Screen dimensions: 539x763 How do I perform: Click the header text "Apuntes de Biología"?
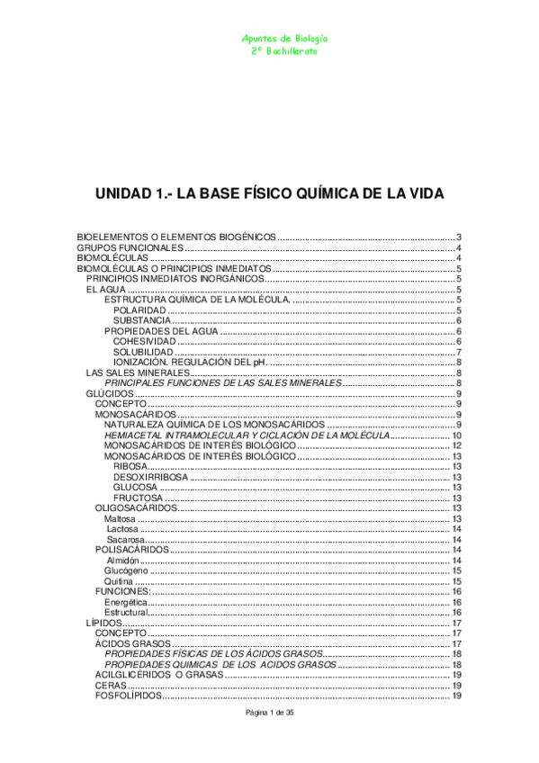pyautogui.click(x=285, y=40)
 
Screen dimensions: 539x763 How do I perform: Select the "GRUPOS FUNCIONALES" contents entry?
pyautogui.click(x=130, y=247)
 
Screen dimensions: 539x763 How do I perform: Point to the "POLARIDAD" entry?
pyautogui.click(x=139, y=310)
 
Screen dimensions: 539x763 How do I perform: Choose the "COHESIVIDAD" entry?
pyautogui.click(x=145, y=341)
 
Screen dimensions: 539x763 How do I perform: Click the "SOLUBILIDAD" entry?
pyautogui.click(x=143, y=352)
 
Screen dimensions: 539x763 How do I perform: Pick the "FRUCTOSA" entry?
pyautogui.click(x=139, y=498)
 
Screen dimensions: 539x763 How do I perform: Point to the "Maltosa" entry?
pyautogui.click(x=121, y=519)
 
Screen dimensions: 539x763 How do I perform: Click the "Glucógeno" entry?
pyautogui.click(x=125, y=570)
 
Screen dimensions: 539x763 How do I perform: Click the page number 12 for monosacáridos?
pyautogui.click(x=457, y=445)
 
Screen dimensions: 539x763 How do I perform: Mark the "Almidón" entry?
pyautogui.click(x=123, y=561)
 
